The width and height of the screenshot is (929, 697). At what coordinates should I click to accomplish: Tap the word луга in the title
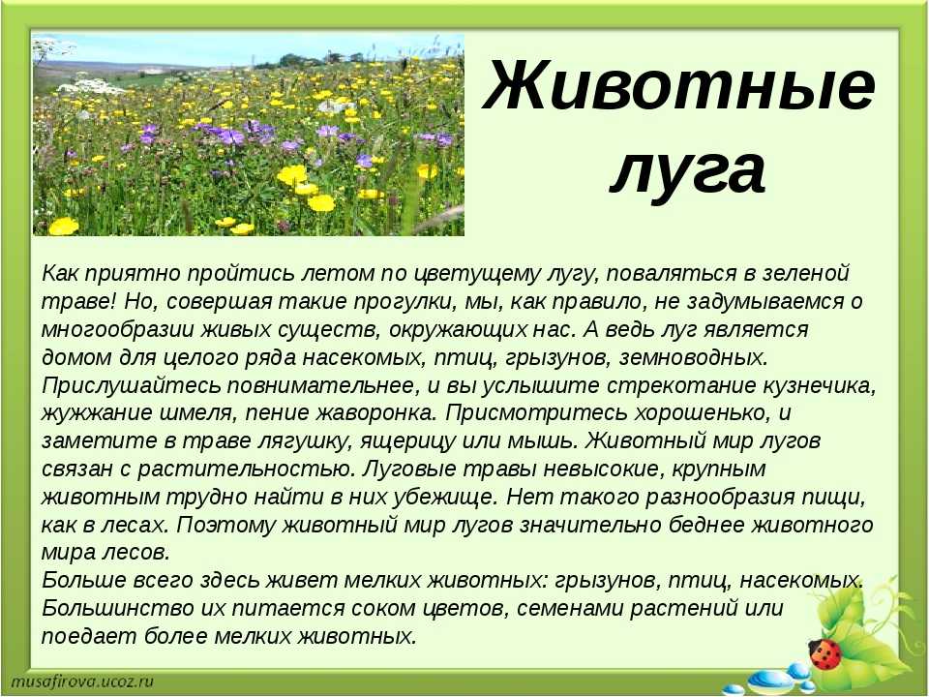pos(688,172)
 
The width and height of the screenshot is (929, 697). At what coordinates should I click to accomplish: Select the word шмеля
pos(200,413)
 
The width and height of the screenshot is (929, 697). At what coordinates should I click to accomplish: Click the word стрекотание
pos(680,386)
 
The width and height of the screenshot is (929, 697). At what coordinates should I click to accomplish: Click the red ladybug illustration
pos(824,653)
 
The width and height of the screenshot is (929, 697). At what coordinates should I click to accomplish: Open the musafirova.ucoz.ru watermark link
pos(82,682)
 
